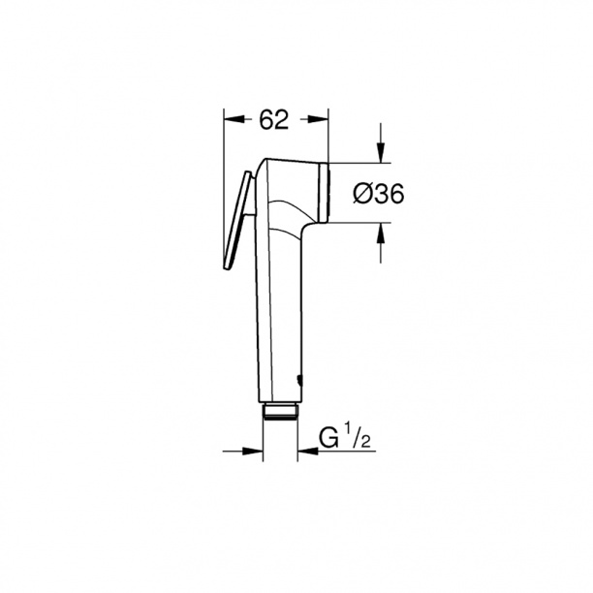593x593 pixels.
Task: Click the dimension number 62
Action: point(275,120)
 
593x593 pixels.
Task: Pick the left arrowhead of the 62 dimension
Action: point(233,120)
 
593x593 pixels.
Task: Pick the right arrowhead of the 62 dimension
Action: point(319,120)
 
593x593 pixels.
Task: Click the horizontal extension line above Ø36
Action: point(359,160)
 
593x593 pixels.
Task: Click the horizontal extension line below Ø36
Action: point(359,222)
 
